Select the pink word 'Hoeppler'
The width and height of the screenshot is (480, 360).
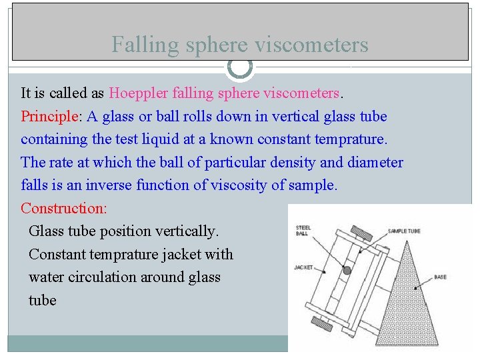pos(141,93)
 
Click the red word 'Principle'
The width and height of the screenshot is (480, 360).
pos(49,117)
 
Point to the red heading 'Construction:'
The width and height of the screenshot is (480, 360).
pos(63,208)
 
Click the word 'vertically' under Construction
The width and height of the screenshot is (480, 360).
pos(186,231)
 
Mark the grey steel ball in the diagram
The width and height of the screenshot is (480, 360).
pos(347,271)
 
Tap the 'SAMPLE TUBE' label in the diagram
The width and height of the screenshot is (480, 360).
pos(405,231)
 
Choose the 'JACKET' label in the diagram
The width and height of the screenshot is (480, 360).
pos(303,268)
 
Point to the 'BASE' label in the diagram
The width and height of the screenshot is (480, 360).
pos(441,276)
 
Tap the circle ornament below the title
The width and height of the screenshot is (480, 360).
pos(240,67)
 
